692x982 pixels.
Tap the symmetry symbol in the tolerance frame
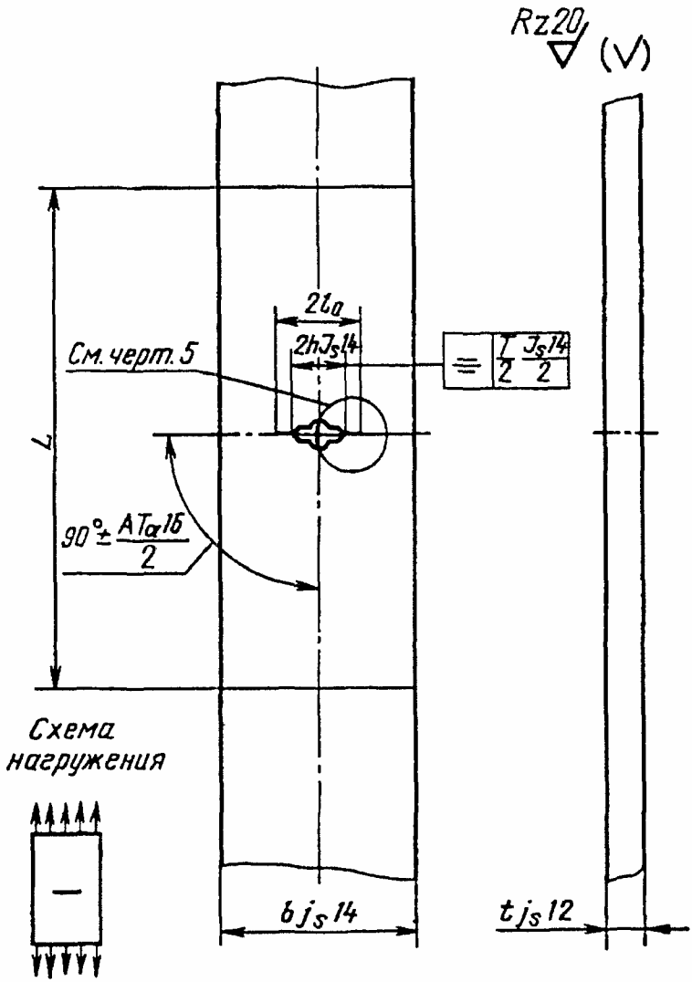pos(465,363)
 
